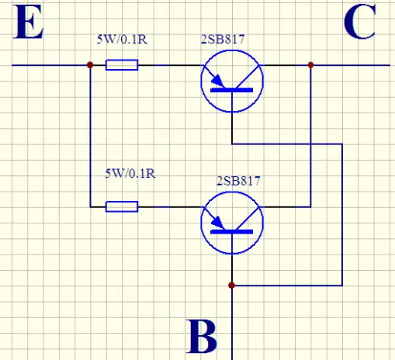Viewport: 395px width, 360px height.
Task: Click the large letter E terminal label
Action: point(29,22)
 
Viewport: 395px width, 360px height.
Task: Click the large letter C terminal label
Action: point(360,22)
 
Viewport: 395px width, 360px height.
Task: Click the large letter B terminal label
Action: point(202,336)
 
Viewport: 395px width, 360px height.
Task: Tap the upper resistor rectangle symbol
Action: point(122,65)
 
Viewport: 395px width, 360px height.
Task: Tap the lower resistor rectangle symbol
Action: point(122,206)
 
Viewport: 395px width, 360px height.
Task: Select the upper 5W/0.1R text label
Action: point(122,40)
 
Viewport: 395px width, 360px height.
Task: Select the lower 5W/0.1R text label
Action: point(130,173)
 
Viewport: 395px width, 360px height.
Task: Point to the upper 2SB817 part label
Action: point(223,40)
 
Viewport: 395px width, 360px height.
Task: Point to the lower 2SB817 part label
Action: point(238,181)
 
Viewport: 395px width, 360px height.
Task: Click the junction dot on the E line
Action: point(90,65)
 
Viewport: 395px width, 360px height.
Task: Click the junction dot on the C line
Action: point(310,65)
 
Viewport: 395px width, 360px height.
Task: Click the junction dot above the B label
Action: point(232,286)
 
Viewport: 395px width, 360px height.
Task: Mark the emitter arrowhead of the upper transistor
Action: point(218,81)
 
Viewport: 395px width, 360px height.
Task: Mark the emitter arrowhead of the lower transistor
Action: point(218,223)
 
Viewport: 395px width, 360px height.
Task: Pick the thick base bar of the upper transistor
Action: point(232,90)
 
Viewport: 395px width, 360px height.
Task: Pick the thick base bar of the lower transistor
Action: point(232,232)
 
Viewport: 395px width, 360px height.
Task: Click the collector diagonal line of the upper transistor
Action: point(248,77)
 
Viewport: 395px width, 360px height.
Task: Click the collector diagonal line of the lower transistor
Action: point(248,218)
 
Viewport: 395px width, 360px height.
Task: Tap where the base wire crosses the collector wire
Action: point(310,144)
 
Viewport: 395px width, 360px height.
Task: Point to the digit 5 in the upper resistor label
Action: point(99,40)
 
